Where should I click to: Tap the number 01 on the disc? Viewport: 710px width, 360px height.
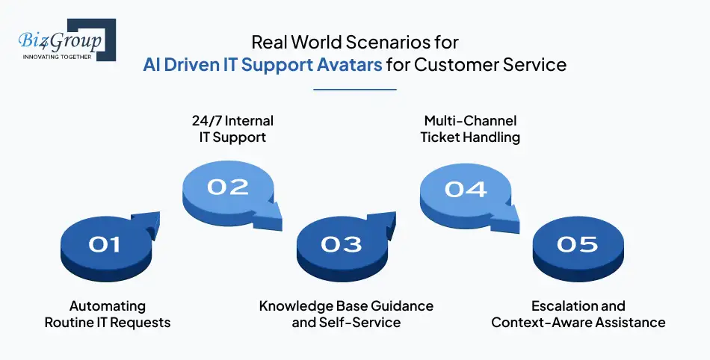point(105,243)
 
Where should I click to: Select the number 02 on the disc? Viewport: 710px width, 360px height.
point(227,186)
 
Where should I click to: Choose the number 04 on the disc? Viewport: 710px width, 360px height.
point(465,188)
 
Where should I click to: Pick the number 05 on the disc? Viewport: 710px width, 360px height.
point(577,243)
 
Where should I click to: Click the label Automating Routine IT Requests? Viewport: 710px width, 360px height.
point(108,314)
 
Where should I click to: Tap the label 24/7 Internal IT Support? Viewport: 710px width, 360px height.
point(228,128)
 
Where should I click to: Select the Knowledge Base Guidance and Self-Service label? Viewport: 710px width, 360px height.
point(346,314)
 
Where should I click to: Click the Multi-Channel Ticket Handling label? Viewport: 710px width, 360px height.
point(470,128)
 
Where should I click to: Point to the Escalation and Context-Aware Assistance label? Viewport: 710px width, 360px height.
point(578,314)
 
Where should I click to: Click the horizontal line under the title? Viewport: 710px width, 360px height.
point(354,90)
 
